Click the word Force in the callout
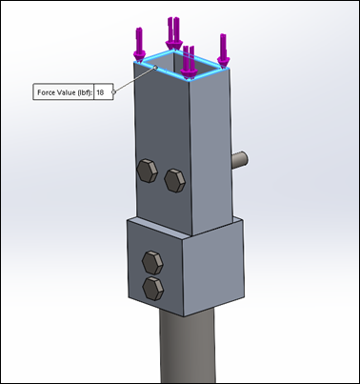pyautogui.click(x=45, y=92)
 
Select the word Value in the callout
pyautogui.click(x=61, y=92)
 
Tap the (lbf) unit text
pyautogui.click(x=85, y=92)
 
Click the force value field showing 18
pyautogui.click(x=104, y=92)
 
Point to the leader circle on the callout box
pyautogui.click(x=113, y=91)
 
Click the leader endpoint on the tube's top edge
pyautogui.click(x=155, y=68)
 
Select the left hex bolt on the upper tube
pyautogui.click(x=148, y=171)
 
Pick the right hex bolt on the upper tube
pyautogui.click(x=175, y=180)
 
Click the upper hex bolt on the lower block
pyautogui.click(x=152, y=263)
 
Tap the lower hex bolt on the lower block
pyautogui.click(x=153, y=289)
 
